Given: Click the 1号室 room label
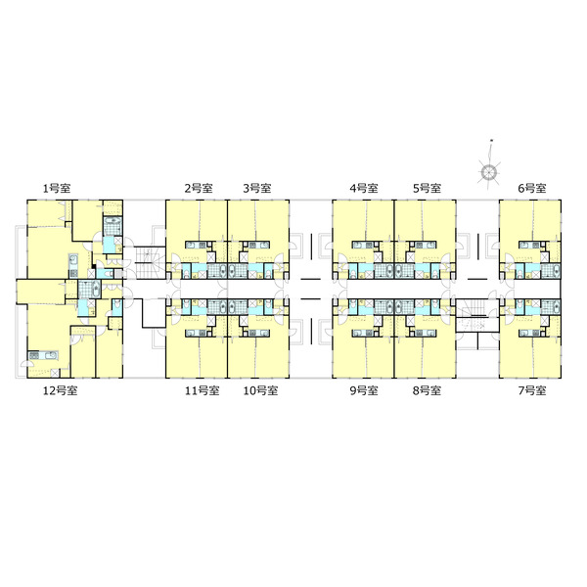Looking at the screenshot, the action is click(x=57, y=188).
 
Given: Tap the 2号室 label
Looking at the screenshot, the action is click(x=199, y=188).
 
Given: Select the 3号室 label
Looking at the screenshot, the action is click(x=256, y=188).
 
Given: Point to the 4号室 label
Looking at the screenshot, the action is click(x=364, y=188).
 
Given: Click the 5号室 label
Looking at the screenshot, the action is click(x=427, y=188).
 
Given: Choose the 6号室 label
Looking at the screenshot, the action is click(x=531, y=188).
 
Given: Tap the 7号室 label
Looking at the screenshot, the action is click(x=532, y=390).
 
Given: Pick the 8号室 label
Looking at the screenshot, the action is click(x=427, y=390).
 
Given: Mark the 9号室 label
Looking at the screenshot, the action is click(x=364, y=390).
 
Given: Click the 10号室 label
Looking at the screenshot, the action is click(x=260, y=390).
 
